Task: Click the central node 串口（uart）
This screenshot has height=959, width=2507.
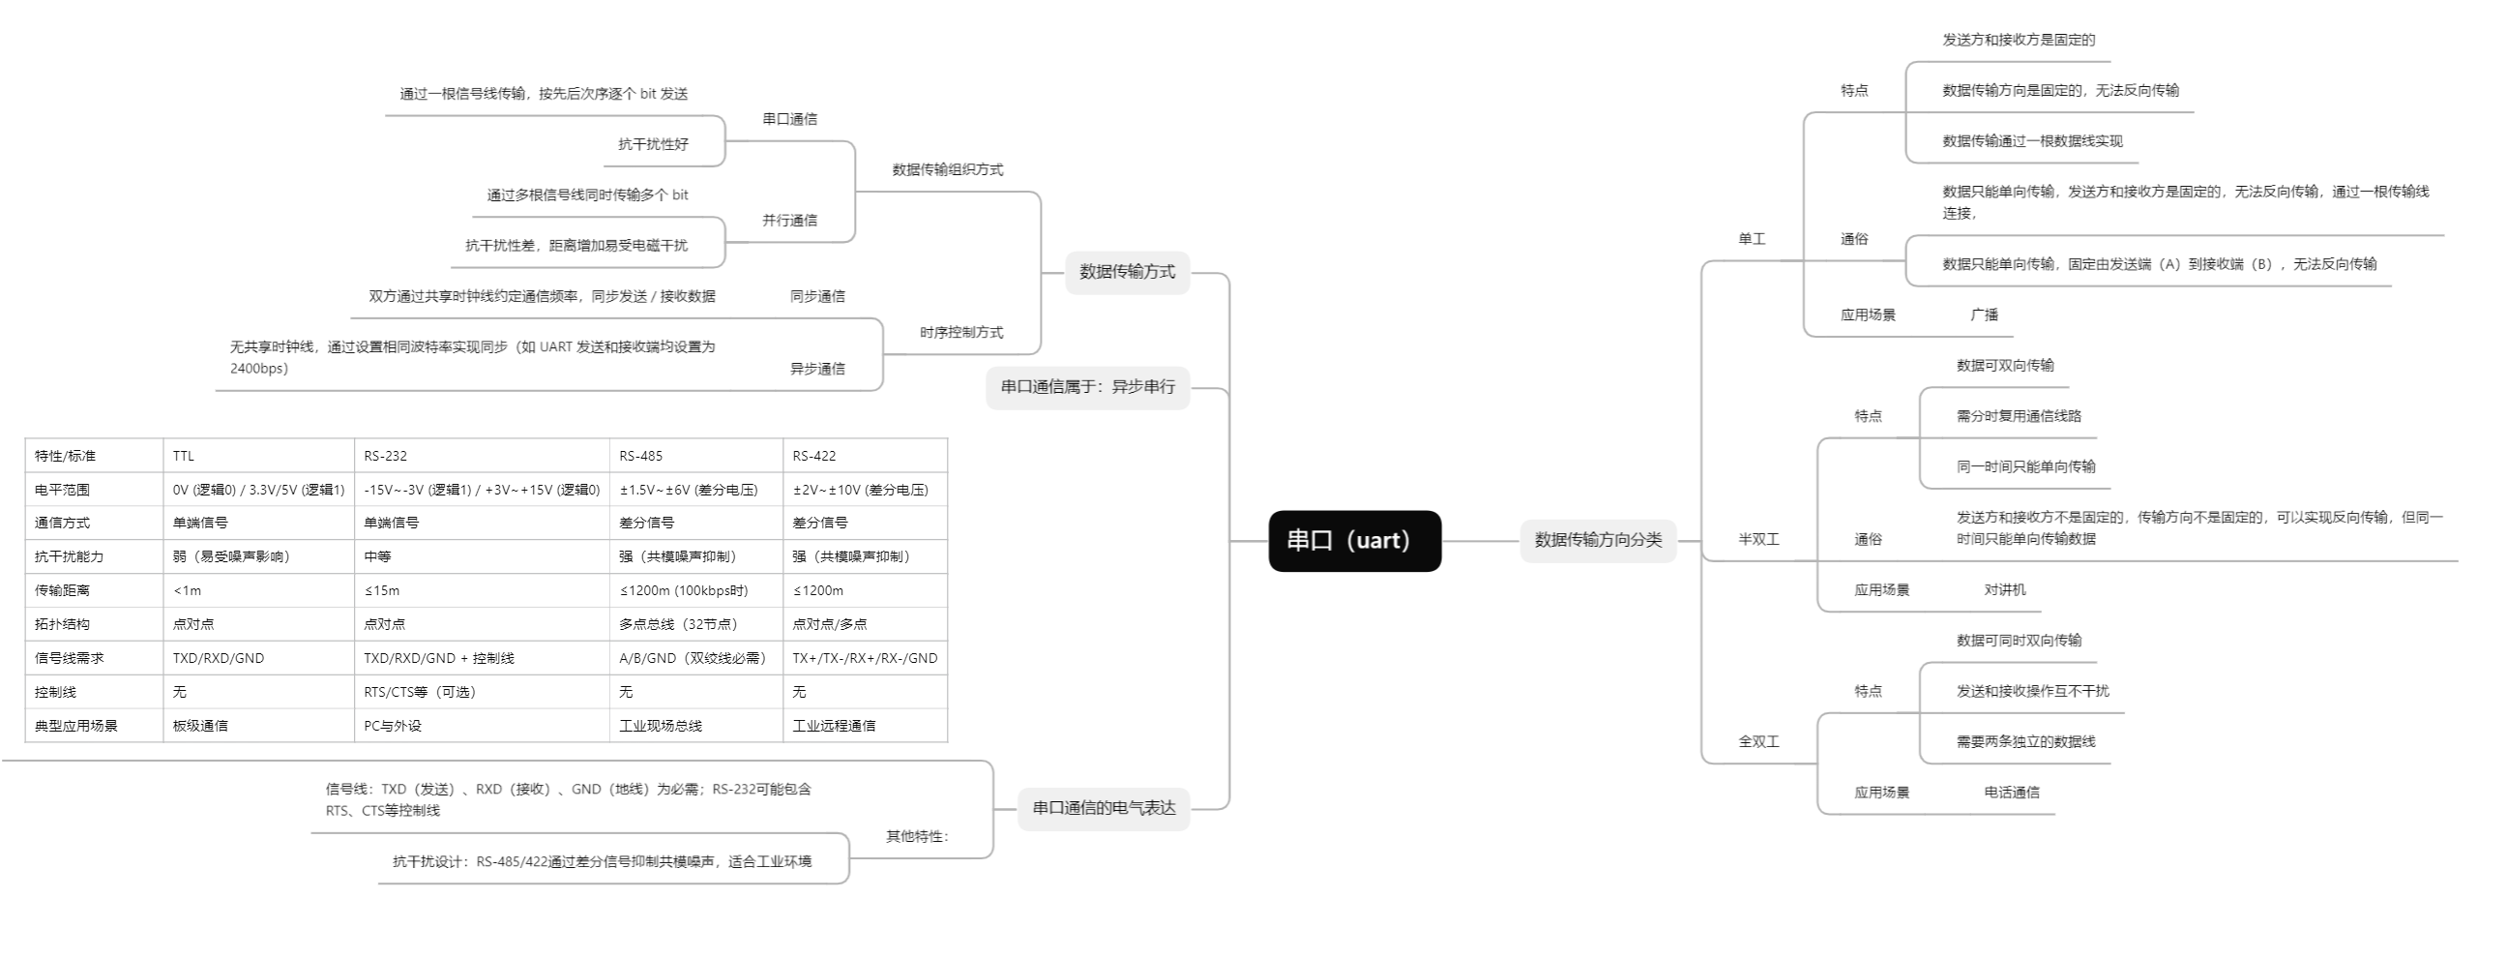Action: [1354, 540]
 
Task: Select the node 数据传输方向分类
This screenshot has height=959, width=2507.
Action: [1597, 539]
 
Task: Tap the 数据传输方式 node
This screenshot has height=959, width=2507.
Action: [1127, 272]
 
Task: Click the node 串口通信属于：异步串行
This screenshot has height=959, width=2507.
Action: [1087, 386]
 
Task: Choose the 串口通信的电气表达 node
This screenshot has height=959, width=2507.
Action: [1104, 807]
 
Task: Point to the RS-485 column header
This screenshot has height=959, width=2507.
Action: [640, 456]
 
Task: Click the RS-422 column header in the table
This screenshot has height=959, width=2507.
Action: [813, 456]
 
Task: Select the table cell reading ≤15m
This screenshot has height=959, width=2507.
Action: [381, 590]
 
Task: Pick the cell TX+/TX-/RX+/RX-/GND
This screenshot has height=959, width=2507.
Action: [865, 658]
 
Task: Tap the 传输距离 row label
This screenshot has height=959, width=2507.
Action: [62, 590]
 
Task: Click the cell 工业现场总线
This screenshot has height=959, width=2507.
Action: [660, 726]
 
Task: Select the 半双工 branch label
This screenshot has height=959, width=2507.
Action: [1757, 539]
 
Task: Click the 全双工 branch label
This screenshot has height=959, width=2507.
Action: [1757, 742]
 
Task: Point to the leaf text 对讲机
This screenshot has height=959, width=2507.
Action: [2004, 590]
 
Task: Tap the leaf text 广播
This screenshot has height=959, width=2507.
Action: [1984, 315]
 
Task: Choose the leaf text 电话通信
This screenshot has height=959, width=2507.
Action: [2011, 793]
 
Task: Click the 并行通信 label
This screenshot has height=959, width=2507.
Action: [789, 220]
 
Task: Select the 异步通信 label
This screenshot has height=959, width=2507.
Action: [816, 369]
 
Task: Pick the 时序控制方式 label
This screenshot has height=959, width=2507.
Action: [960, 332]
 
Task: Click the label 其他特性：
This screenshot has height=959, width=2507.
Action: [917, 836]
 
